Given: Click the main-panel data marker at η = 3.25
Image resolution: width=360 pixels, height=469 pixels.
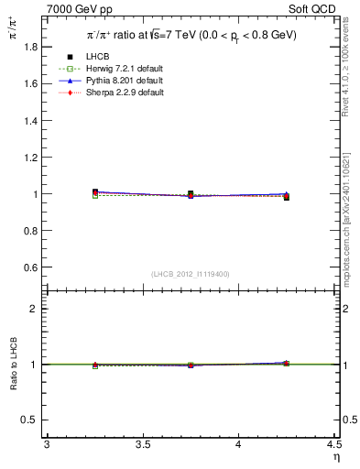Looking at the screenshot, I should [x=95, y=192].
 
